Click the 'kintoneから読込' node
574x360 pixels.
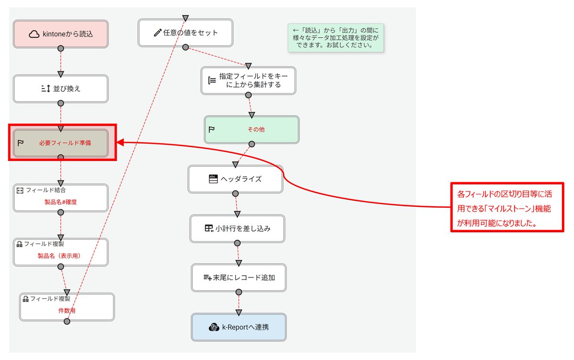[61, 34]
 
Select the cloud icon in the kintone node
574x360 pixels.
[34, 34]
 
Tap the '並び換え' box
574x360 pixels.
[61, 89]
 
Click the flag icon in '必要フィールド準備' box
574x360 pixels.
[21, 143]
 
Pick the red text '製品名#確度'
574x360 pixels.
[61, 202]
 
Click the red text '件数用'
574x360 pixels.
[67, 310]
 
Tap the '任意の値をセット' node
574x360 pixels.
[186, 33]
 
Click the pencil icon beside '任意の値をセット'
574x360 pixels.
[158, 33]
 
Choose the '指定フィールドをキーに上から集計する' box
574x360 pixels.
[248, 80]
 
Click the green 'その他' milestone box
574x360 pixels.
[252, 129]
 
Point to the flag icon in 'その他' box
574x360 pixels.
[211, 129]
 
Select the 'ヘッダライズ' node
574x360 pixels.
[235, 179]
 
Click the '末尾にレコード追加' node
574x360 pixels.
[239, 277]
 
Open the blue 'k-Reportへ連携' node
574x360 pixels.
[239, 327]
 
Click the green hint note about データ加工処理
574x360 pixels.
[335, 38]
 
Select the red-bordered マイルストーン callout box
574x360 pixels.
[508, 206]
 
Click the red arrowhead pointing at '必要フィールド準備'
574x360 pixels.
[121, 142]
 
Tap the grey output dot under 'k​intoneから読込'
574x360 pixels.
[61, 48]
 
